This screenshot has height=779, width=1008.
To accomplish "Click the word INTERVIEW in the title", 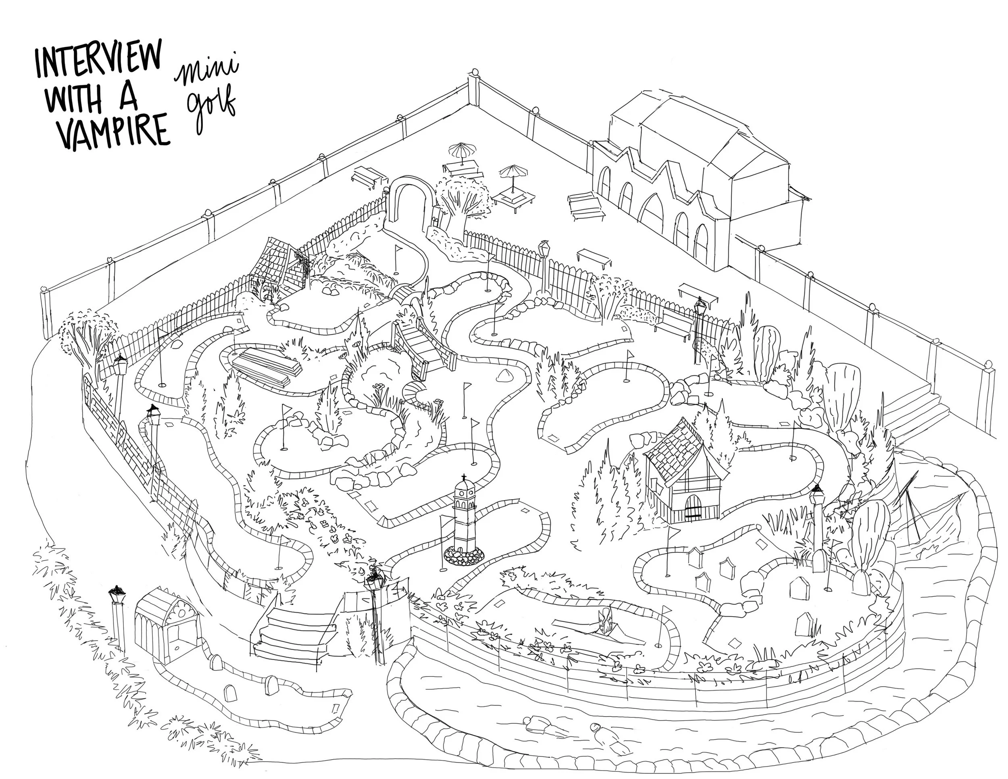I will tap(99, 64).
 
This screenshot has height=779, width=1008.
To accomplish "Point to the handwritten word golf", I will tap(210, 110).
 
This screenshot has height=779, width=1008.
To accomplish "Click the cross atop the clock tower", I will tap(463, 478).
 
